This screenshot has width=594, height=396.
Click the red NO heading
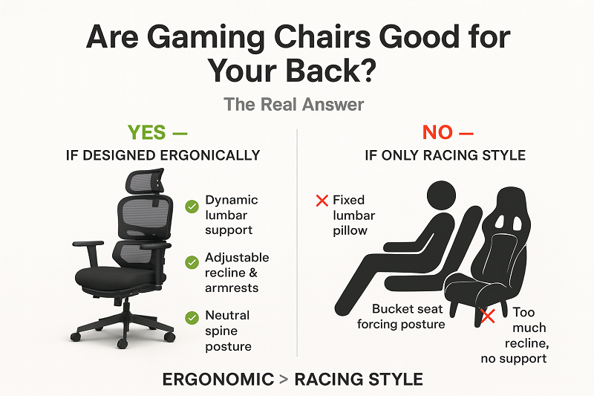coord(438,133)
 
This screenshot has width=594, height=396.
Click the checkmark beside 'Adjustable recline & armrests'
coord(192,262)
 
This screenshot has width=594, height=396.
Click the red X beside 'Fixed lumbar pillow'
coord(322,200)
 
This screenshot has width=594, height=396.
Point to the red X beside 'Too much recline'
coord(488,317)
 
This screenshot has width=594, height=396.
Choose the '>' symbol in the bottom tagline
coord(284,380)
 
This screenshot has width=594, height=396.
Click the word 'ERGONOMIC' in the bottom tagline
coord(218,380)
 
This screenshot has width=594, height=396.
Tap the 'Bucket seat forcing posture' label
coord(402,316)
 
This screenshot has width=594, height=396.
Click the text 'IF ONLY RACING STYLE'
coord(446,155)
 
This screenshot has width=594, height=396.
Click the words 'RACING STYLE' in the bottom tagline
coord(359,380)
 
